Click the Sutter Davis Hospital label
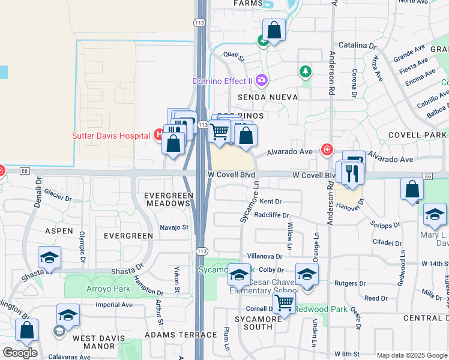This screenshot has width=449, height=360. (x=111, y=136)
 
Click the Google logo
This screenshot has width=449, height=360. (x=20, y=353)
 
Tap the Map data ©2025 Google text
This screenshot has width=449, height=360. (x=412, y=355)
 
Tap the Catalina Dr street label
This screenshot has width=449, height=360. (x=357, y=45)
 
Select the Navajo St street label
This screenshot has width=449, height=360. (x=174, y=227)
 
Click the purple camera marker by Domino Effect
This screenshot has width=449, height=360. (x=261, y=80)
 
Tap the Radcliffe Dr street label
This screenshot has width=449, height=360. (x=271, y=215)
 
